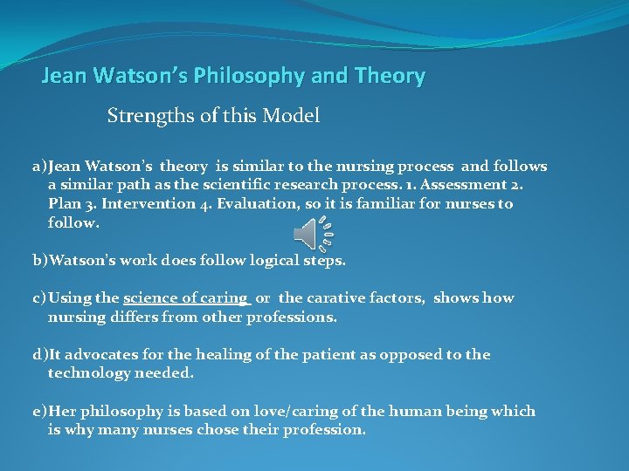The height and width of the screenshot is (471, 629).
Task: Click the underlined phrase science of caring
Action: point(186,298)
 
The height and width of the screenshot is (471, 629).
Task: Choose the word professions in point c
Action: point(287,317)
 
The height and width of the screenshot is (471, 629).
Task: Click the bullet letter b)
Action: point(40,260)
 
